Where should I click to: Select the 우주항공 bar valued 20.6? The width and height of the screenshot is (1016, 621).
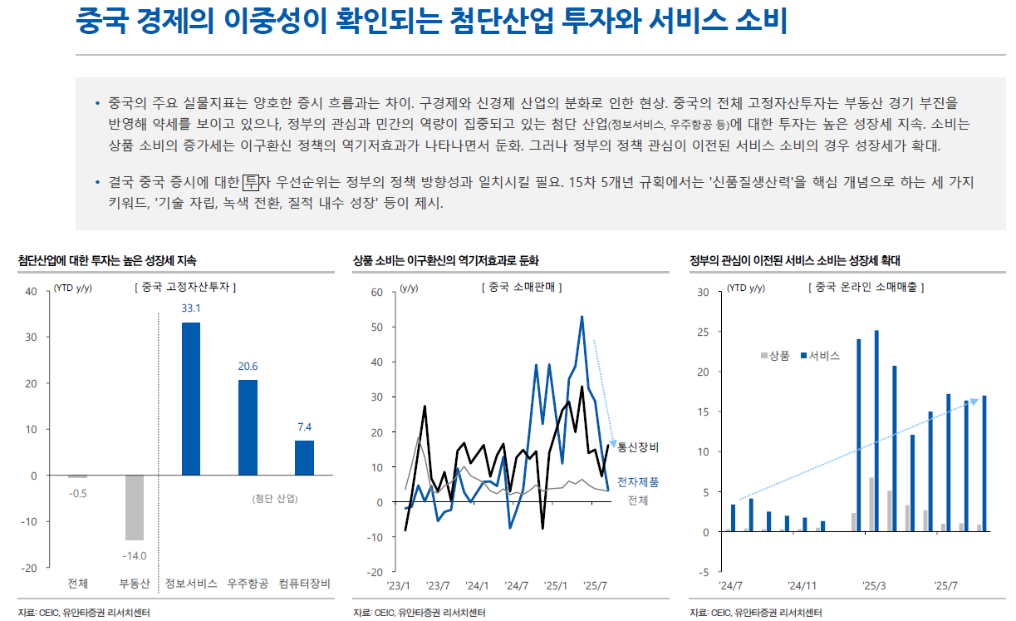click(248, 427)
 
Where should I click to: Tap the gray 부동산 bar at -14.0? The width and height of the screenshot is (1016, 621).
click(135, 507)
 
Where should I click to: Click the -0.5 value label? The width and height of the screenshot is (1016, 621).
click(77, 493)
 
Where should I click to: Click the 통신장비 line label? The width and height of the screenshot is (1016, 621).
click(638, 447)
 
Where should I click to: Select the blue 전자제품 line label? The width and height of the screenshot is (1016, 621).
click(638, 482)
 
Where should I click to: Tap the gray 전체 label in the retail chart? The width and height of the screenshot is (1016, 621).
click(637, 500)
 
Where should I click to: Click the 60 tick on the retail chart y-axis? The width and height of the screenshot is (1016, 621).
click(375, 292)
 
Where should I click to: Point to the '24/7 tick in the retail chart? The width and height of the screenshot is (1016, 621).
click(517, 585)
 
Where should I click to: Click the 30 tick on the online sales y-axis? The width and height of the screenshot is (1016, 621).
click(703, 292)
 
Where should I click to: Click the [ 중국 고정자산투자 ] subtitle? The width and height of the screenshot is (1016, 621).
click(184, 287)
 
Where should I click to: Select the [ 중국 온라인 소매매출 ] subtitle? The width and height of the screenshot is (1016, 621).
click(866, 287)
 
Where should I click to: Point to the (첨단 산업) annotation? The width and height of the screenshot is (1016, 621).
click(274, 499)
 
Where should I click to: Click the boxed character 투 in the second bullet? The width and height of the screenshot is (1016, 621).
click(252, 182)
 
